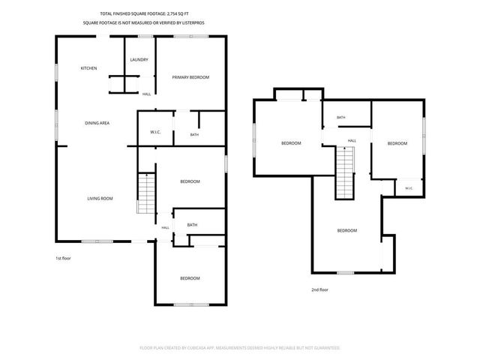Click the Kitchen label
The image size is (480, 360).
pyautogui.click(x=88, y=68)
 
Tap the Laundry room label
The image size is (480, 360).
pyautogui.click(x=139, y=60)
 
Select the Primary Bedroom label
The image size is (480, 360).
pyautogui.click(x=190, y=77)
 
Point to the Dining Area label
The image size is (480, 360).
pyautogui.click(x=97, y=123)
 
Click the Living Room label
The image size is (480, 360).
pyautogui.click(x=100, y=199)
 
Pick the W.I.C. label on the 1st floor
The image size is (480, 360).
pyautogui.click(x=155, y=132)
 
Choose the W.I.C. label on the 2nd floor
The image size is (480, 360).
pyautogui.click(x=409, y=188)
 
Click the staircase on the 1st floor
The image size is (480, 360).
pyautogui.click(x=147, y=193)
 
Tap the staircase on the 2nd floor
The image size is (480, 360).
pyautogui.click(x=345, y=172)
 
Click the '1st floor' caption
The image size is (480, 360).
pyautogui.click(x=63, y=258)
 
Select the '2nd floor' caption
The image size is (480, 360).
pyautogui.click(x=320, y=289)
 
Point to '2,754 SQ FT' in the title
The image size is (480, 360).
pyautogui.click(x=178, y=13)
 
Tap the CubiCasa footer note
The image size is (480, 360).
pyautogui.click(x=240, y=348)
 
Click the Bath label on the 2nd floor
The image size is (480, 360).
pyautogui.click(x=341, y=118)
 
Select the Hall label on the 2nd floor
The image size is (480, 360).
pyautogui.click(x=352, y=141)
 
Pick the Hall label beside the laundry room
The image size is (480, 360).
pyautogui.click(x=147, y=94)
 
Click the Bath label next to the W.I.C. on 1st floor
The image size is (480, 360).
pyautogui.click(x=194, y=135)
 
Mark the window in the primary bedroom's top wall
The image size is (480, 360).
pyautogui.click(x=191, y=37)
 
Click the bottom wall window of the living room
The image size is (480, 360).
pyautogui.click(x=97, y=241)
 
